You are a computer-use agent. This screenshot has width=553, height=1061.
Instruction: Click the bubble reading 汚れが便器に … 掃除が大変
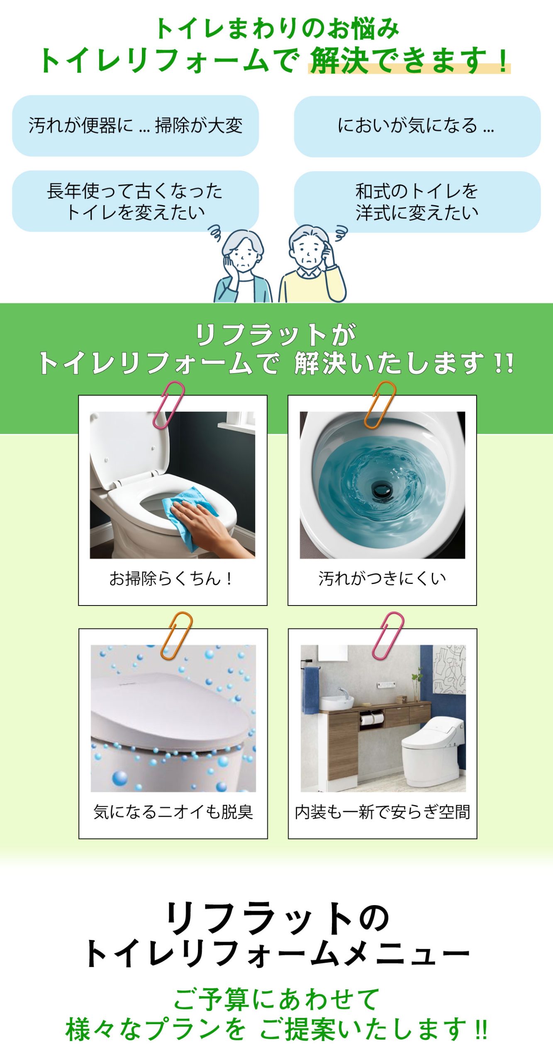pos(135,126)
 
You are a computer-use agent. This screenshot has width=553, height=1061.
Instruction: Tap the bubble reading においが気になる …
pos(417,126)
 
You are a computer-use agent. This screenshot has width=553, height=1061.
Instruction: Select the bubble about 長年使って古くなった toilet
pos(135,201)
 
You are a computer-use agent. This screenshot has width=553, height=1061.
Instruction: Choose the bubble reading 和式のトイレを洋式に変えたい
pos(417,202)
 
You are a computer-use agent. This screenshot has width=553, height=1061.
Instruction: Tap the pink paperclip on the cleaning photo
pos(168,405)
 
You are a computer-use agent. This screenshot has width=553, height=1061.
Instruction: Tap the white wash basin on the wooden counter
pos(337,702)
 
